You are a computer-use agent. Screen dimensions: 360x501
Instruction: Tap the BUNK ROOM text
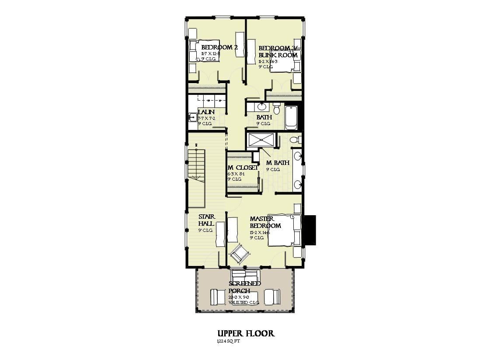[278, 55]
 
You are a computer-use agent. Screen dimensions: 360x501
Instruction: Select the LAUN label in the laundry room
[206, 112]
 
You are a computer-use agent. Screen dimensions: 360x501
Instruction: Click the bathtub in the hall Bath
[291, 117]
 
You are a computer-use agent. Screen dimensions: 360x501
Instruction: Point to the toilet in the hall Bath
[276, 108]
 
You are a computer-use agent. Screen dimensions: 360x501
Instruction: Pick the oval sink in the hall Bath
[262, 106]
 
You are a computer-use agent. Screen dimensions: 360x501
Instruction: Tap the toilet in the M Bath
[296, 140]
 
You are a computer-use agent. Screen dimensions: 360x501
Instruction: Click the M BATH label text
[278, 163]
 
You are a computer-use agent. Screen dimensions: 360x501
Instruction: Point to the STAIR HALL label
[206, 220]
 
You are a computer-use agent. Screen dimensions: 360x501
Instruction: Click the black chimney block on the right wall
[310, 231]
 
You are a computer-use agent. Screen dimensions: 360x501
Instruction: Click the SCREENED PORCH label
[244, 287]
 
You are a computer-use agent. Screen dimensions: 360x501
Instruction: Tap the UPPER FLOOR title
[246, 334]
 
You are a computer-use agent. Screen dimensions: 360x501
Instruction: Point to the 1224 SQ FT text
[228, 341]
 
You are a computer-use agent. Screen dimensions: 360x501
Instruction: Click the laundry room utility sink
[192, 117]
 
